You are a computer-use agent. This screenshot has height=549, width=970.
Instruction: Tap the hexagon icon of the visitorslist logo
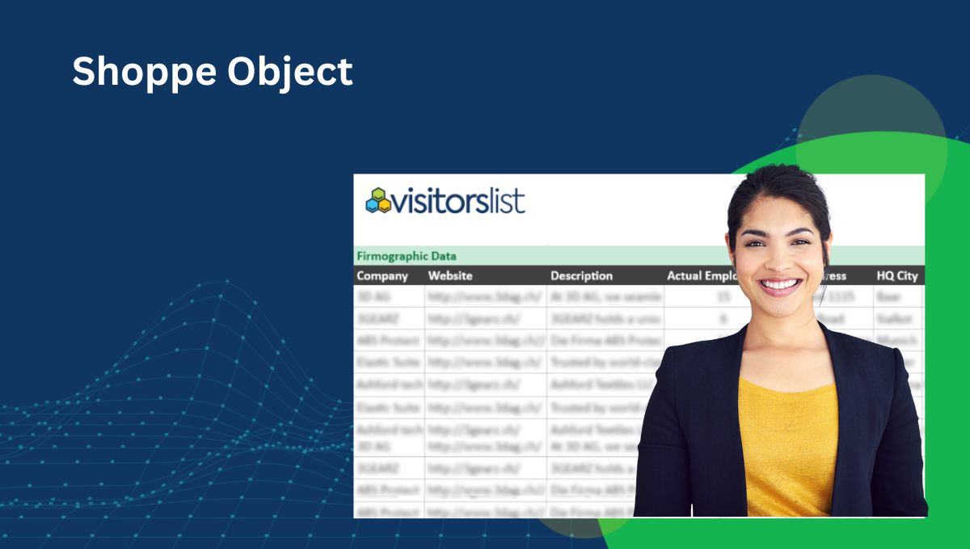(377, 200)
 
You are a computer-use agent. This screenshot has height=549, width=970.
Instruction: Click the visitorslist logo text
(458, 200)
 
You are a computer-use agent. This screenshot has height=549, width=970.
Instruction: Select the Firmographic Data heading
(407, 256)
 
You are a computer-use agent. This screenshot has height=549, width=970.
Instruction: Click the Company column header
(382, 276)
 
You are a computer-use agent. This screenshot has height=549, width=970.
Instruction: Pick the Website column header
(450, 276)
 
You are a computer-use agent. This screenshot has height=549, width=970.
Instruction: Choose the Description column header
(582, 276)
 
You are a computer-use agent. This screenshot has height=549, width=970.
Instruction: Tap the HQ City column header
(897, 276)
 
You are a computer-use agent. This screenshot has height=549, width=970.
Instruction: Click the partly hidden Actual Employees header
(700, 276)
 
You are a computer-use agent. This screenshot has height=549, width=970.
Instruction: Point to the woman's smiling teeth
(781, 285)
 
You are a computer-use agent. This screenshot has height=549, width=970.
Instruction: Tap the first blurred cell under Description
(605, 296)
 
